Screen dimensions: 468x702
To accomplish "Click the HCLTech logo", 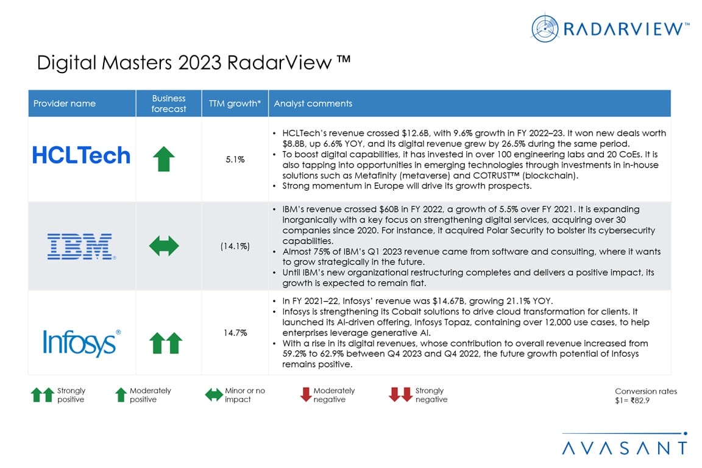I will coord(81,156).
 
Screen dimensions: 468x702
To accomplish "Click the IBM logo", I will coord(80,246).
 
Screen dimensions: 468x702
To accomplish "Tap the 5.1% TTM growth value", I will coord(235,160).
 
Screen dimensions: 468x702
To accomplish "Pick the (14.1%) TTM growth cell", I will coord(235,246).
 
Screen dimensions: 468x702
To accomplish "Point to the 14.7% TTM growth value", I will coord(235,333).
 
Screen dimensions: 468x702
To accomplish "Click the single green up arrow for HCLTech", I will coord(163,159).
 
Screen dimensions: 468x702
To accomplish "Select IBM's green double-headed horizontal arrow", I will coord(164,246).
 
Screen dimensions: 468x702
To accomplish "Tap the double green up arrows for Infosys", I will coord(166,343).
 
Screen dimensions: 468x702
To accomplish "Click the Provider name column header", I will coord(65,104).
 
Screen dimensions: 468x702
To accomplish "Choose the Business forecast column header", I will coord(169,104).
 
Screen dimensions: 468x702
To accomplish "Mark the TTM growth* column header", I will coord(235,104).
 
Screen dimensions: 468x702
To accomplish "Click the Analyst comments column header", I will coord(313,104).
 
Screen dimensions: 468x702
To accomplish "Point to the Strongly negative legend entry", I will coord(419,395).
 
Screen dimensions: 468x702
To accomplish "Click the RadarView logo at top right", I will coord(610,28).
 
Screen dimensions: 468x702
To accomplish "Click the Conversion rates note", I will coord(645,396).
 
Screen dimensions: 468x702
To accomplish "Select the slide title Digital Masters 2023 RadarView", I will coord(193,63).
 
